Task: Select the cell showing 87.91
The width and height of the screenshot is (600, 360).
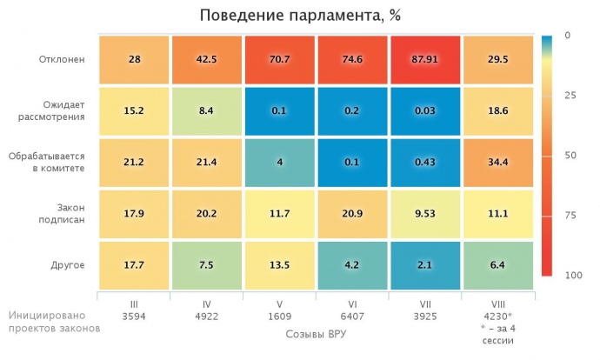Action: pyautogui.click(x=425, y=60)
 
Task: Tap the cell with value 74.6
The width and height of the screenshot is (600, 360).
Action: pyautogui.click(x=352, y=60)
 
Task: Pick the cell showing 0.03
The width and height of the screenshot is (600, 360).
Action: pyautogui.click(x=425, y=111)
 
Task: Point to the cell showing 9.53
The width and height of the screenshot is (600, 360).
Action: pyautogui.click(x=425, y=214)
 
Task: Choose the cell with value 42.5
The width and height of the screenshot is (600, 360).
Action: pyautogui.click(x=206, y=60)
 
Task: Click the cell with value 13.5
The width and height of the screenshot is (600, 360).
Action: pyautogui.click(x=279, y=264)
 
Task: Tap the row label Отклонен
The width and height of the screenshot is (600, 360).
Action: pyautogui.click(x=62, y=60)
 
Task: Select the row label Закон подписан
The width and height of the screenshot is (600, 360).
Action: pyautogui.click(x=62, y=214)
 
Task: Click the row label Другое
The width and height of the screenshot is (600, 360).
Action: pyautogui.click(x=67, y=264)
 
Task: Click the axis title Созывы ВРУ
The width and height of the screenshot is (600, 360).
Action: pyautogui.click(x=315, y=332)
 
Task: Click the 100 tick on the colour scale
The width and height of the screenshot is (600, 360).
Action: pyautogui.click(x=570, y=275)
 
